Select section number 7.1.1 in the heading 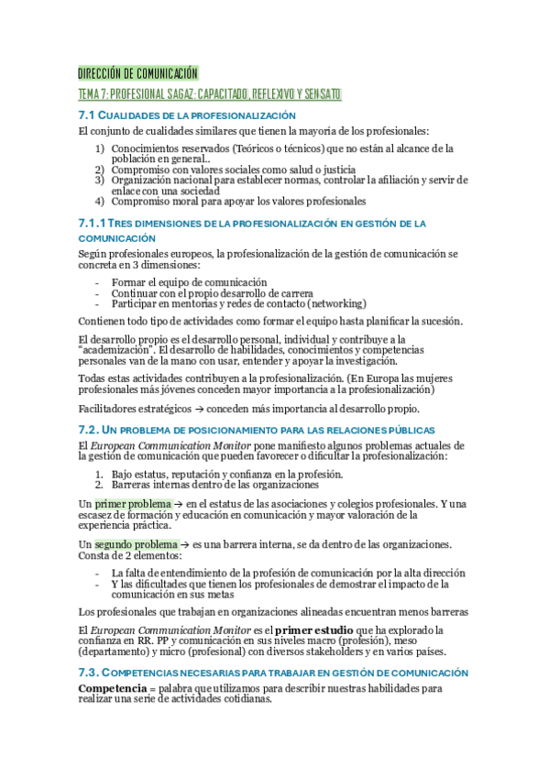pyautogui.click(x=92, y=224)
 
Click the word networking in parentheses pyautogui.click(x=336, y=303)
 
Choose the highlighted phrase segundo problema pyautogui.click(x=137, y=544)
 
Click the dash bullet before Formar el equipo pyautogui.click(x=97, y=282)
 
